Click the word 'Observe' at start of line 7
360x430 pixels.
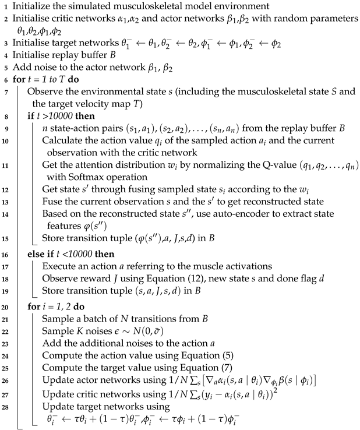[x=44, y=92]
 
